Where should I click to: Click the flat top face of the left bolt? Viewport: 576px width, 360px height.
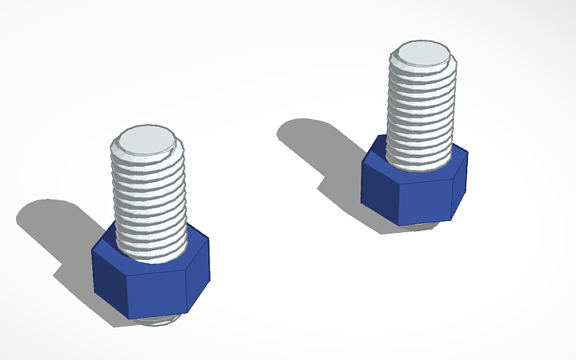(147, 137)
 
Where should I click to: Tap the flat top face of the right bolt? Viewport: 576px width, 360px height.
(422, 53)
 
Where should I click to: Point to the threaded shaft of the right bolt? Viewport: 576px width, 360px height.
(422, 111)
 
